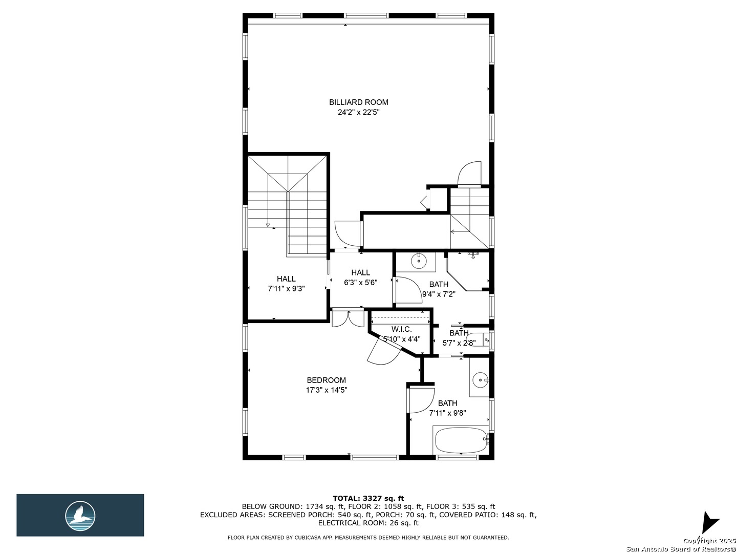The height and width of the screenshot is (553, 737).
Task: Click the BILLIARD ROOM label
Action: click(x=358, y=102)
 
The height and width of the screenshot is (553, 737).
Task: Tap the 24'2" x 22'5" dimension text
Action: click(x=358, y=112)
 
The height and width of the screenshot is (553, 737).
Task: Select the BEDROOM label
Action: click(x=326, y=380)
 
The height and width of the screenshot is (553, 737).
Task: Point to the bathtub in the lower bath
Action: click(x=460, y=439)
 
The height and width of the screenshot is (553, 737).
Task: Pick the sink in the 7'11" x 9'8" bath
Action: click(x=481, y=380)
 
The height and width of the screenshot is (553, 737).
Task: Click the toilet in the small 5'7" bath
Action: click(x=478, y=340)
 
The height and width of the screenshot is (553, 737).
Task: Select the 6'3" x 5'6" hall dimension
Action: click(x=361, y=283)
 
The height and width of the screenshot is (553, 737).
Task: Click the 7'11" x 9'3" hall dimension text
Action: click(x=286, y=288)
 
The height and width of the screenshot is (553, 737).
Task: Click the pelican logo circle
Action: click(x=80, y=516)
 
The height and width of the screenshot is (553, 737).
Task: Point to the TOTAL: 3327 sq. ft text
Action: click(x=368, y=498)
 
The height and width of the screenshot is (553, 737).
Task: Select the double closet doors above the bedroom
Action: click(x=348, y=318)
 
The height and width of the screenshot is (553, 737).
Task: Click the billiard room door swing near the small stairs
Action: click(x=469, y=173)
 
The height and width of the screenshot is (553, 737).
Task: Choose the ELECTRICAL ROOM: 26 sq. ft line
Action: click(x=368, y=523)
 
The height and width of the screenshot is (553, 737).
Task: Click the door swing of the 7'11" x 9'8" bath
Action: click(x=420, y=400)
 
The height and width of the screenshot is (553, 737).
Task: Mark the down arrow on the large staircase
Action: click(x=268, y=225)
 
